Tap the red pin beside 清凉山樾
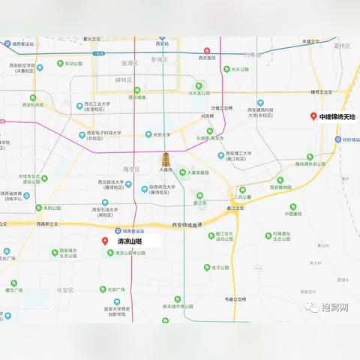pyautogui.click(x=105, y=241)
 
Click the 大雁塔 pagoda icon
pyautogui.click(x=166, y=161)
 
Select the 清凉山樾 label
pyautogui.click(x=129, y=242)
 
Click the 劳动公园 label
pyautogui.click(x=74, y=64)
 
